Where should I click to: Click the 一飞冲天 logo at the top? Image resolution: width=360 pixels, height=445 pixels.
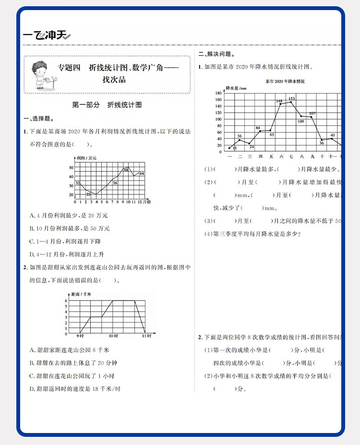(x=47, y=35)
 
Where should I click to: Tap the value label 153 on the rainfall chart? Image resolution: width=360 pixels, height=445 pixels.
(x=291, y=98)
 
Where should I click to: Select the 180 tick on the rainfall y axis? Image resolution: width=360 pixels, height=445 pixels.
(x=218, y=93)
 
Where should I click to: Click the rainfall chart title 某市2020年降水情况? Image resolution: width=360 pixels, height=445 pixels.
(x=285, y=82)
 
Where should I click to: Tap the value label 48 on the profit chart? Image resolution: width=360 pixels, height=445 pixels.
(x=126, y=169)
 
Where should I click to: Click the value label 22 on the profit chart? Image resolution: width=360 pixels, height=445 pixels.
(x=88, y=193)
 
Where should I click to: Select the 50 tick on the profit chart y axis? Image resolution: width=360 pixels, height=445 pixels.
(x=71, y=168)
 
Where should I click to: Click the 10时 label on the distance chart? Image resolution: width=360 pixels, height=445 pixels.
(x=113, y=336)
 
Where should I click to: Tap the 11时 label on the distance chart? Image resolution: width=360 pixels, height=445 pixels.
(x=146, y=336)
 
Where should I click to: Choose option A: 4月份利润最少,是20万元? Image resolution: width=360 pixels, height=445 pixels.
(x=68, y=216)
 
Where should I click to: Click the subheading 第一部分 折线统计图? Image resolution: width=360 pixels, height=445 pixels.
(x=107, y=105)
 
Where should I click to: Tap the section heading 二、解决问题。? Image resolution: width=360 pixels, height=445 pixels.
(x=214, y=54)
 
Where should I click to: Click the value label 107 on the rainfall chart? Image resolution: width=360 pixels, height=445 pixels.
(x=312, y=114)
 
